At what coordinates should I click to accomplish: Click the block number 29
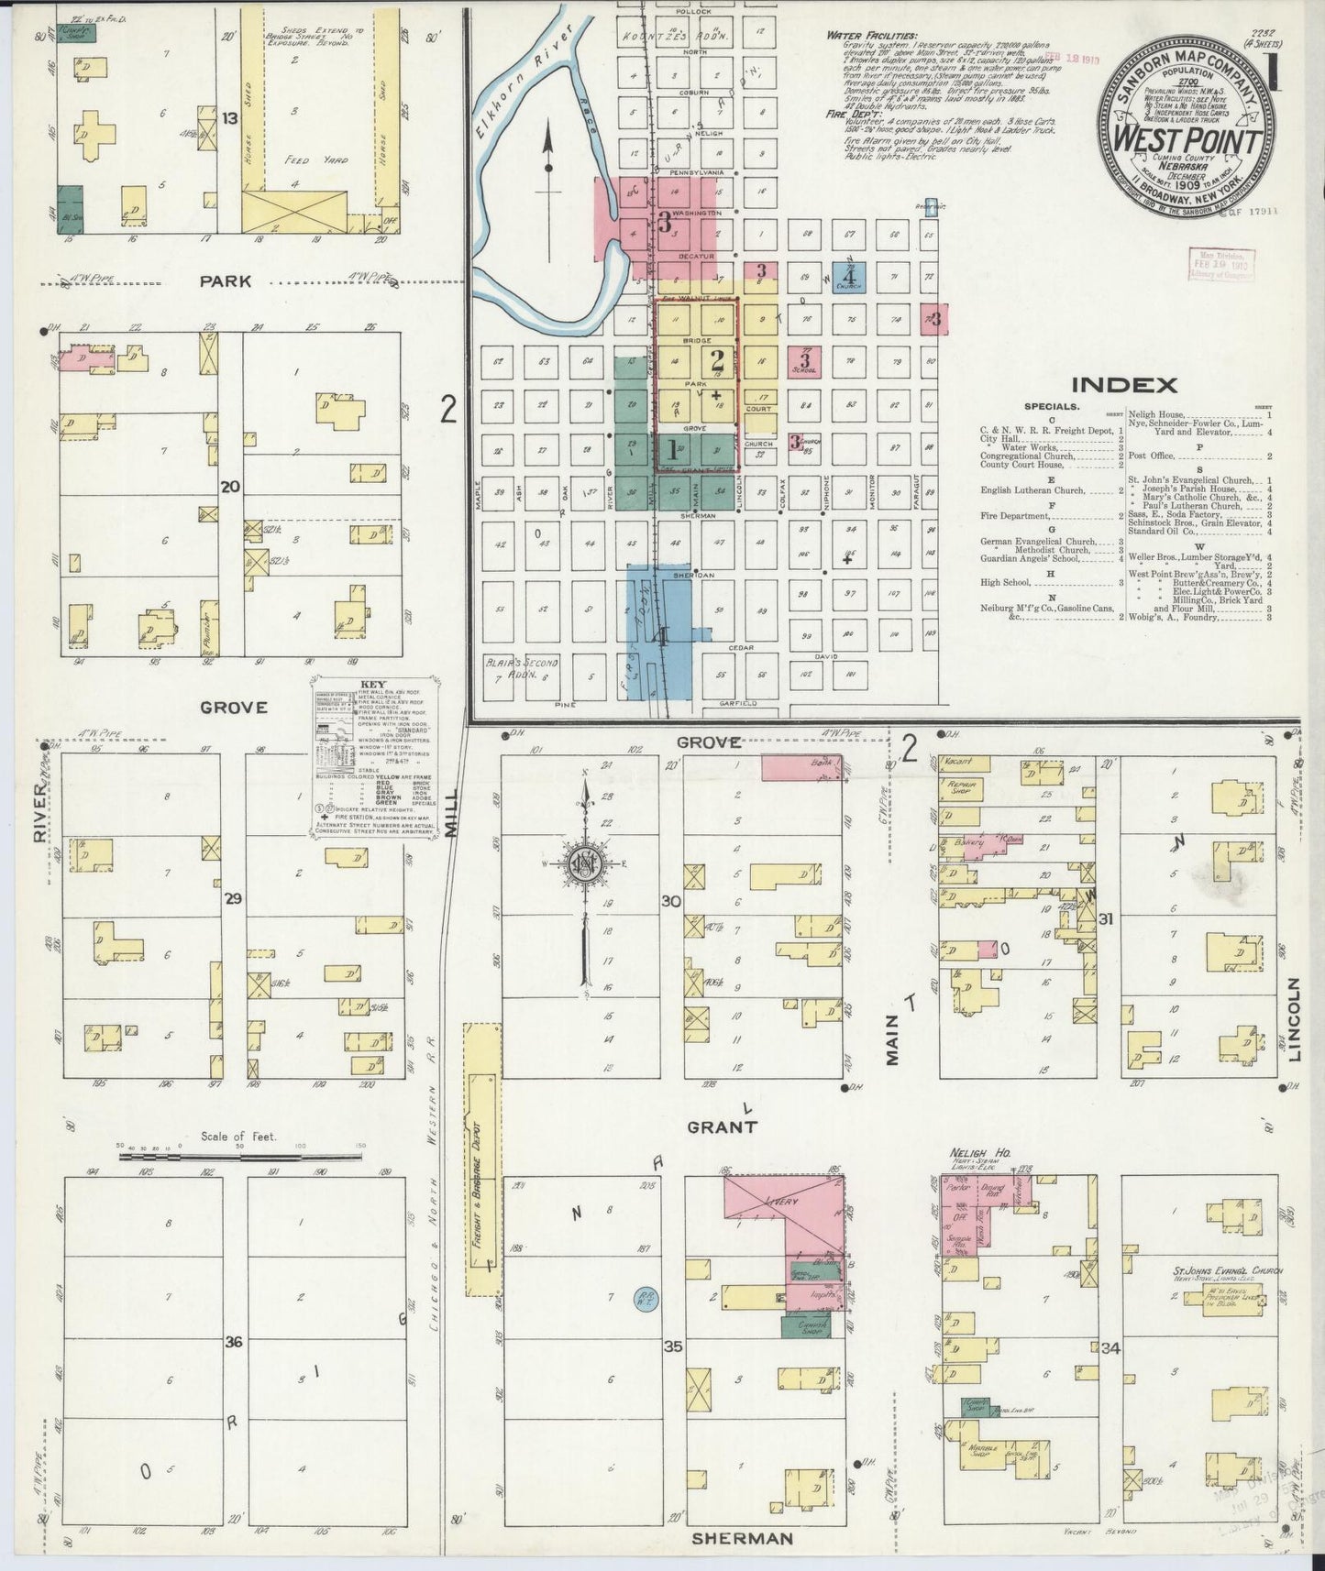coord(233,899)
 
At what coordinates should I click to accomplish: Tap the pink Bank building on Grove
coord(801,767)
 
